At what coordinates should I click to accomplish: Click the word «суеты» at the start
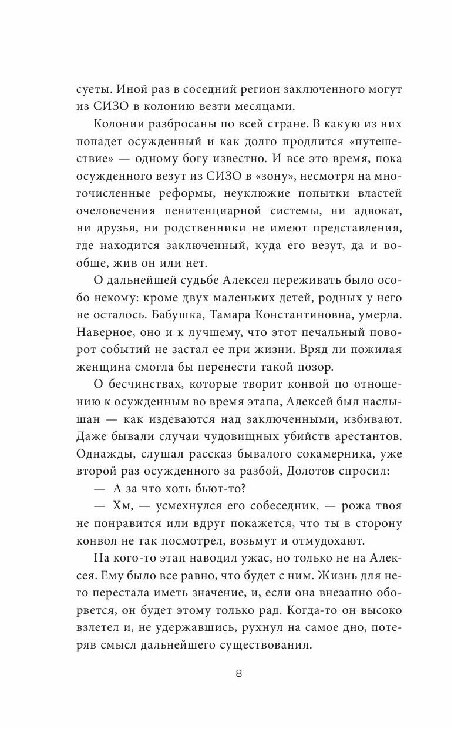(93, 90)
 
